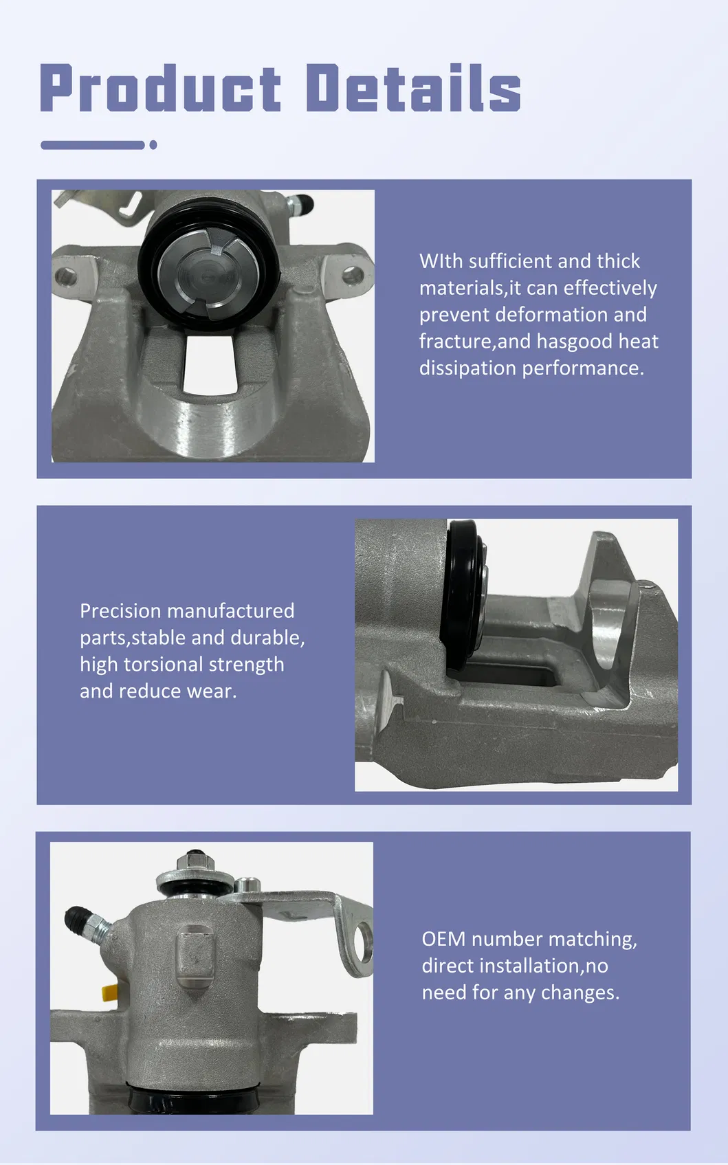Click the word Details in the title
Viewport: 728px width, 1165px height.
coord(412,88)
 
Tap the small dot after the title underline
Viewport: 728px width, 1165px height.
coord(153,145)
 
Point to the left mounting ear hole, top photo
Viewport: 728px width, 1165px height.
coord(66,277)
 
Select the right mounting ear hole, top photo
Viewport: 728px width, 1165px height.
coord(353,276)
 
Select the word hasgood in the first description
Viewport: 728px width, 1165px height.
coord(575,342)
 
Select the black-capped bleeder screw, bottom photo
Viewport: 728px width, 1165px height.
coord(77,920)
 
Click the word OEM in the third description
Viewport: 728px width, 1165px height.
coord(443,939)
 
